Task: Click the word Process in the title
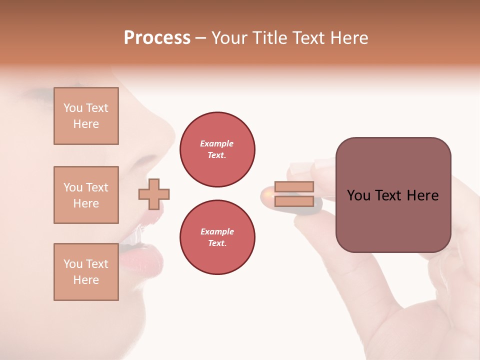157,38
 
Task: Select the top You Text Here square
86,116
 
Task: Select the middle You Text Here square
86,195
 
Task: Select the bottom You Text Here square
86,272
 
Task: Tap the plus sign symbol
154,194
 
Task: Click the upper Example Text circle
217,149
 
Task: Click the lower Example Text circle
217,237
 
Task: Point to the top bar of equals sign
294,186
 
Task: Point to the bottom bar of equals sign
294,201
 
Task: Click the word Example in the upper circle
217,143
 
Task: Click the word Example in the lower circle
217,231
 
